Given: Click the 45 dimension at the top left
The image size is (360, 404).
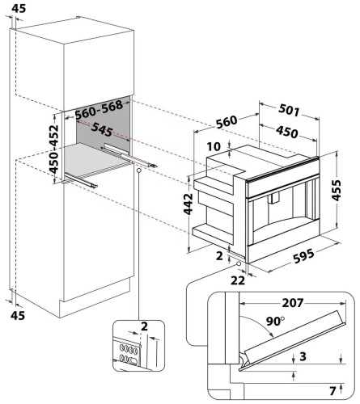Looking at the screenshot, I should click(x=19, y=8).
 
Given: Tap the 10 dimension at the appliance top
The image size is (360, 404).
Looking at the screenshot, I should click(x=213, y=146).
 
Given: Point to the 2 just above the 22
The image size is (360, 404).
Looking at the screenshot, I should click(x=220, y=255).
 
